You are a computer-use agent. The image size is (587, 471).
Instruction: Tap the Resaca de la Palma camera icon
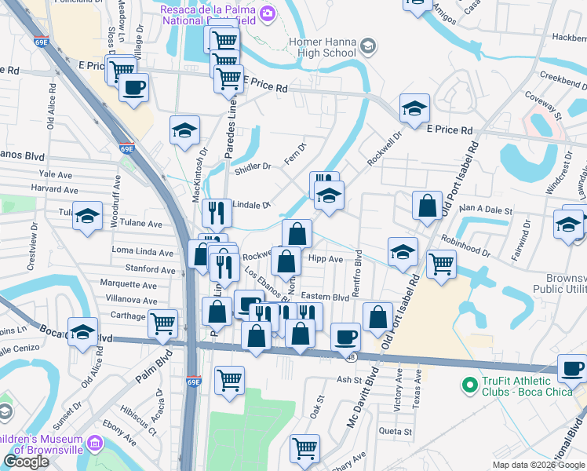pyautogui.click(x=268, y=13)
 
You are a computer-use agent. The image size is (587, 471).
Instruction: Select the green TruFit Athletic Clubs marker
pyautogui.click(x=469, y=385)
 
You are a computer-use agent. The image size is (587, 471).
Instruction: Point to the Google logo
pyautogui.click(x=26, y=462)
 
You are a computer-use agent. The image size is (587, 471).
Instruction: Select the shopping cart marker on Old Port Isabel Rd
pyautogui.click(x=441, y=264)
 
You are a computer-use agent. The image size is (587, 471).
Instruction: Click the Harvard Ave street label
pyautogui.click(x=55, y=189)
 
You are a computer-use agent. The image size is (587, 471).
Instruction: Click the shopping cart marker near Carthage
pyautogui.click(x=162, y=323)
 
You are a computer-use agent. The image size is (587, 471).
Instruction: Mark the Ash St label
pyautogui.click(x=347, y=379)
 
